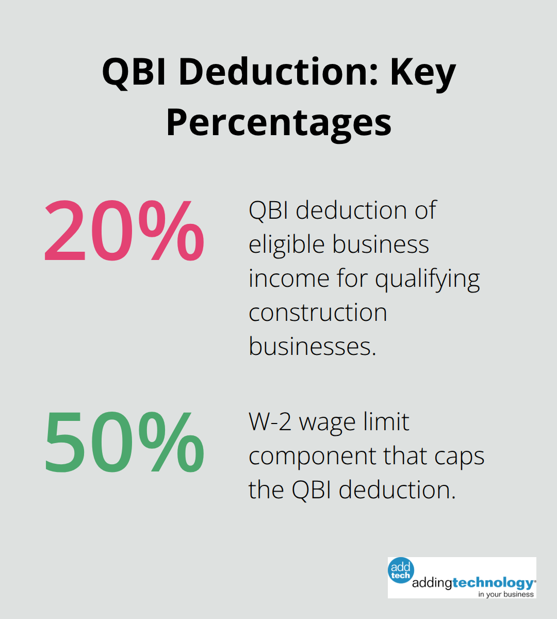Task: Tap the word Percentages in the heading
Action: (x=278, y=122)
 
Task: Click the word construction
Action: (x=318, y=313)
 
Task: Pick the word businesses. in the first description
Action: (x=313, y=346)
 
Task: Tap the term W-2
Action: (x=270, y=422)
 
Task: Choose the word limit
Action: (x=387, y=422)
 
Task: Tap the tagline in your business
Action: (x=505, y=594)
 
